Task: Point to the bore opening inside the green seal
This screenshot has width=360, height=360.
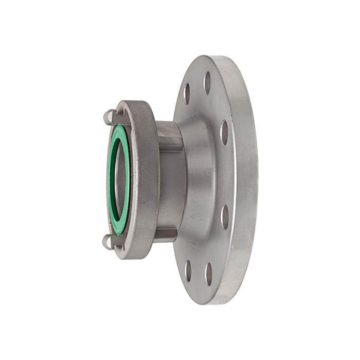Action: (x=120, y=177)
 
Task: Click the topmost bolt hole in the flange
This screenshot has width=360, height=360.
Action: (x=207, y=82)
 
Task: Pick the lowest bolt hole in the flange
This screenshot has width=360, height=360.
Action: (x=208, y=274)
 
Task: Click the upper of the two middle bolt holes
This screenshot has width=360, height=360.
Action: (x=224, y=133)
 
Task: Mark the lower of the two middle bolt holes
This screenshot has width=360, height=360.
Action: (x=225, y=217)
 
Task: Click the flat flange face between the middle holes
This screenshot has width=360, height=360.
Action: (x=226, y=175)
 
